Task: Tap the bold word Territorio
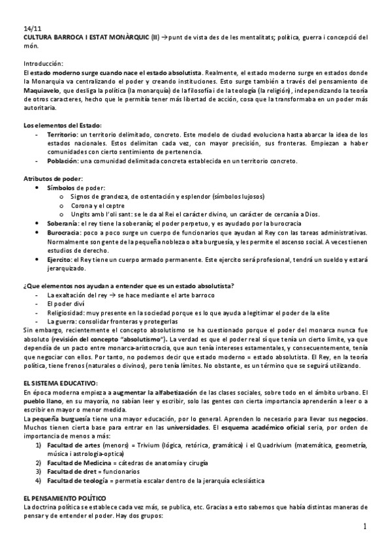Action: [62, 133]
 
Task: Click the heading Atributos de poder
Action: [53, 178]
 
